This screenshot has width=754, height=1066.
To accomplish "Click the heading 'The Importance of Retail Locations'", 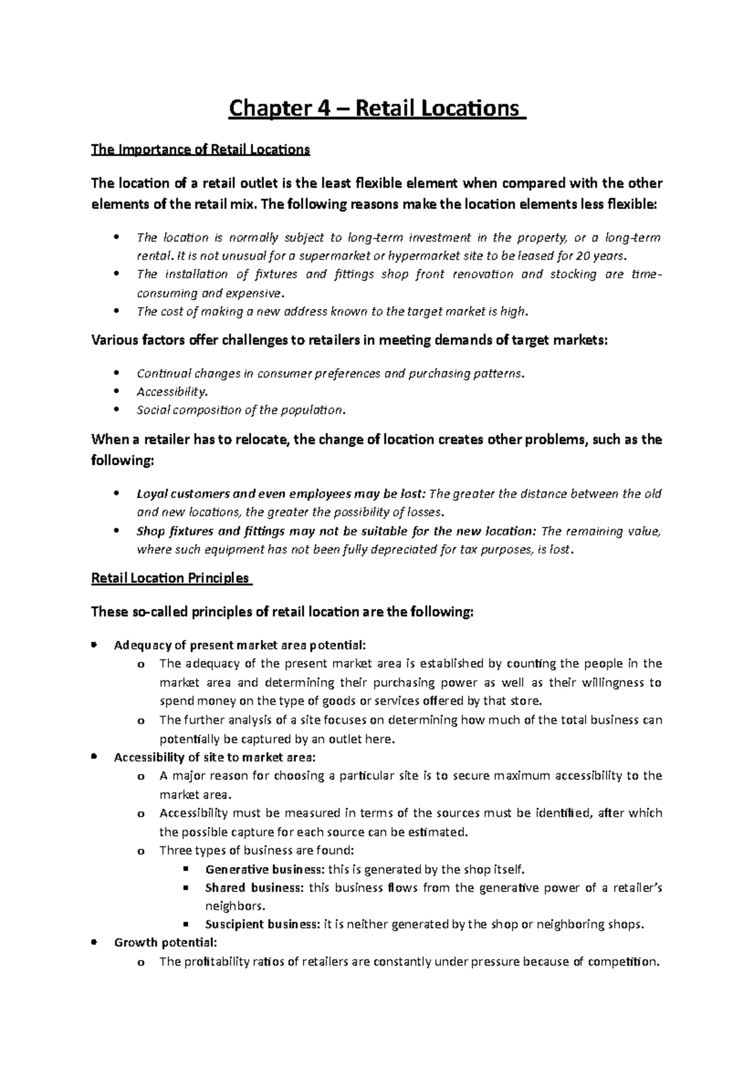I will pos(200,150).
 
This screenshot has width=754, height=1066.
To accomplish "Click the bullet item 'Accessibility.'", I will pos(172,392).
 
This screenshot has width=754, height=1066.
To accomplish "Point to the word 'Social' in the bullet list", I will pos(151,411).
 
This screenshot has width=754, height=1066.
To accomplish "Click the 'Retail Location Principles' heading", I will pos(170,578).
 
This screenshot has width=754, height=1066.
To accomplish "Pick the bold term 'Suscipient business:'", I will pos(263,925).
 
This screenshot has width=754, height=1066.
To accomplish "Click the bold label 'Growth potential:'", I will pos(165,943).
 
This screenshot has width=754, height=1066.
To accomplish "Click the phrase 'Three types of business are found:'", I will pos(256,851).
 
